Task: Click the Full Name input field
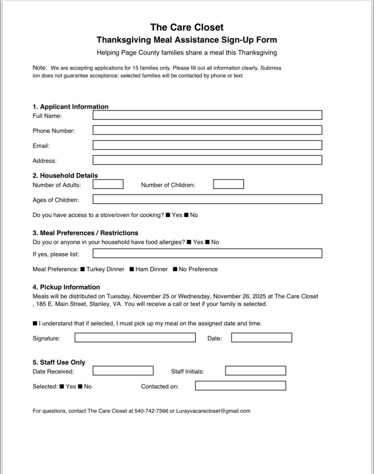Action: (207, 115)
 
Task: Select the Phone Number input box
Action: (207, 130)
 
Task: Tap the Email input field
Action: (207, 145)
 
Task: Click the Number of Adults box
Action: (108, 184)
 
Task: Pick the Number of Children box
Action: (229, 184)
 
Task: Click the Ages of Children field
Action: (207, 199)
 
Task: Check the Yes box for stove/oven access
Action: (168, 215)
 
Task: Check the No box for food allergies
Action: (207, 242)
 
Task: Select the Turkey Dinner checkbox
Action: (83, 269)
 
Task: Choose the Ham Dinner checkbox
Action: (132, 269)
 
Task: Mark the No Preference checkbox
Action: (175, 269)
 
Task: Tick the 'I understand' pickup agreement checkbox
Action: (35, 324)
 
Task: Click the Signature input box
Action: (135, 338)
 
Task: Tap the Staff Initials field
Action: (255, 371)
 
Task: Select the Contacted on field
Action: (240, 386)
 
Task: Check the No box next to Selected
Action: (81, 387)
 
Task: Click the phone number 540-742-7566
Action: (151, 411)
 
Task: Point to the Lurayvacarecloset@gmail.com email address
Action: (213, 411)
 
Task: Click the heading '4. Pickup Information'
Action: (66, 287)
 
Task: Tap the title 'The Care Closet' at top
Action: (187, 27)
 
